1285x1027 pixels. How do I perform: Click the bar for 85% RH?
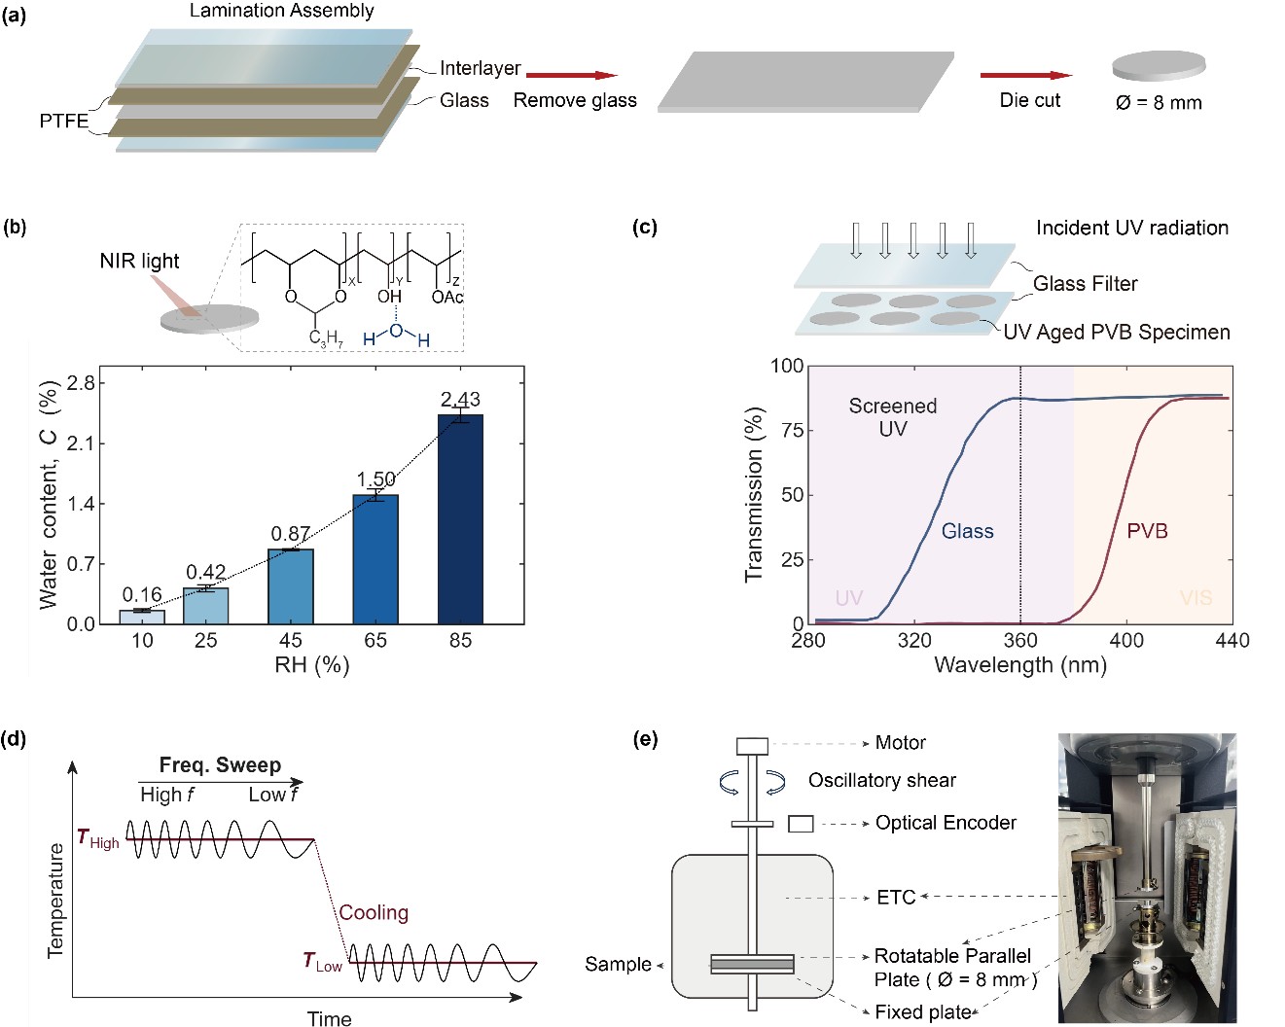(x=460, y=519)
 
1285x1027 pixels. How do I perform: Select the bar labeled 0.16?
(x=142, y=617)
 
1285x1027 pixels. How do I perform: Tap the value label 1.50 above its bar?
(x=375, y=478)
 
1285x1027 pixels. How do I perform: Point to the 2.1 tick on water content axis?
(x=81, y=443)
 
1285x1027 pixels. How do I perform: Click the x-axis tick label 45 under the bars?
(x=291, y=641)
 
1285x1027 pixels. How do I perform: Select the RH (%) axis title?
(x=311, y=664)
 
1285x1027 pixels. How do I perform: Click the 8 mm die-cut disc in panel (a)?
(x=1159, y=66)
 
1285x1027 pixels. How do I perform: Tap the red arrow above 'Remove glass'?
(x=572, y=75)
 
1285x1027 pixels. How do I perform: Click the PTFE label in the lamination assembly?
(x=63, y=121)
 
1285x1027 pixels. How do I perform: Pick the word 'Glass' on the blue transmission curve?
(x=967, y=531)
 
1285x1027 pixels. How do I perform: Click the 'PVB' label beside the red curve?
(x=1147, y=531)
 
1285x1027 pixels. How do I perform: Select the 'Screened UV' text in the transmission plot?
(x=893, y=417)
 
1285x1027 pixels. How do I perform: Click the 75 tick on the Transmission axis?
(x=793, y=431)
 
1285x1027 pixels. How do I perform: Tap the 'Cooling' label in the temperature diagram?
(x=374, y=912)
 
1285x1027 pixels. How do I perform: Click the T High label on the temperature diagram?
(x=98, y=839)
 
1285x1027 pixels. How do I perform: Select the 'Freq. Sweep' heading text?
(x=220, y=764)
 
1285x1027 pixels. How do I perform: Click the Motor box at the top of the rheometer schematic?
(x=752, y=746)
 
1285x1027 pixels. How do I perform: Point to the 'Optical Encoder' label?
(x=946, y=823)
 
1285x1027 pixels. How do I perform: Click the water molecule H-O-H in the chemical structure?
(x=396, y=335)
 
